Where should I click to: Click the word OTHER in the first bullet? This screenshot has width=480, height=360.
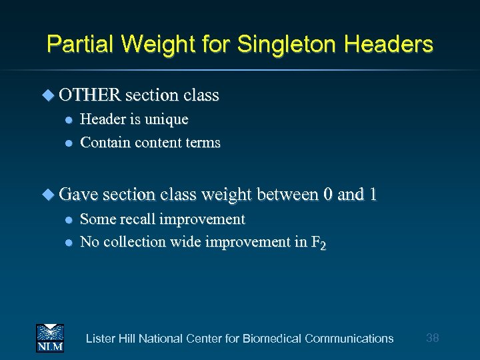[90, 95]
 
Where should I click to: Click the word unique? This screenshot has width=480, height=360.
[169, 120]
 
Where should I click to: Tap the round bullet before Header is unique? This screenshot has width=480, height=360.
[68, 120]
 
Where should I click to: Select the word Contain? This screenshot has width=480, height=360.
[104, 143]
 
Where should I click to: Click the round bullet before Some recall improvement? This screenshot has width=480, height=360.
[68, 219]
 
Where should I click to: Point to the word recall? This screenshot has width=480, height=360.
[137, 219]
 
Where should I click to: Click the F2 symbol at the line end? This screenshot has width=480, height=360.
[319, 243]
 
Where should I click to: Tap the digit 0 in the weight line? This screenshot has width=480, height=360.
[327, 195]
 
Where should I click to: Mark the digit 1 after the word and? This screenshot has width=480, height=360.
[373, 195]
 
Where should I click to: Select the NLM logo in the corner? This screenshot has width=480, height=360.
[49, 338]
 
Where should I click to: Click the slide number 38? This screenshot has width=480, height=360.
[432, 338]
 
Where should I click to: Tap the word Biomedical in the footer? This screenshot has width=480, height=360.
[271, 339]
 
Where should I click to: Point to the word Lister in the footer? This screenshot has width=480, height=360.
[101, 339]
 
